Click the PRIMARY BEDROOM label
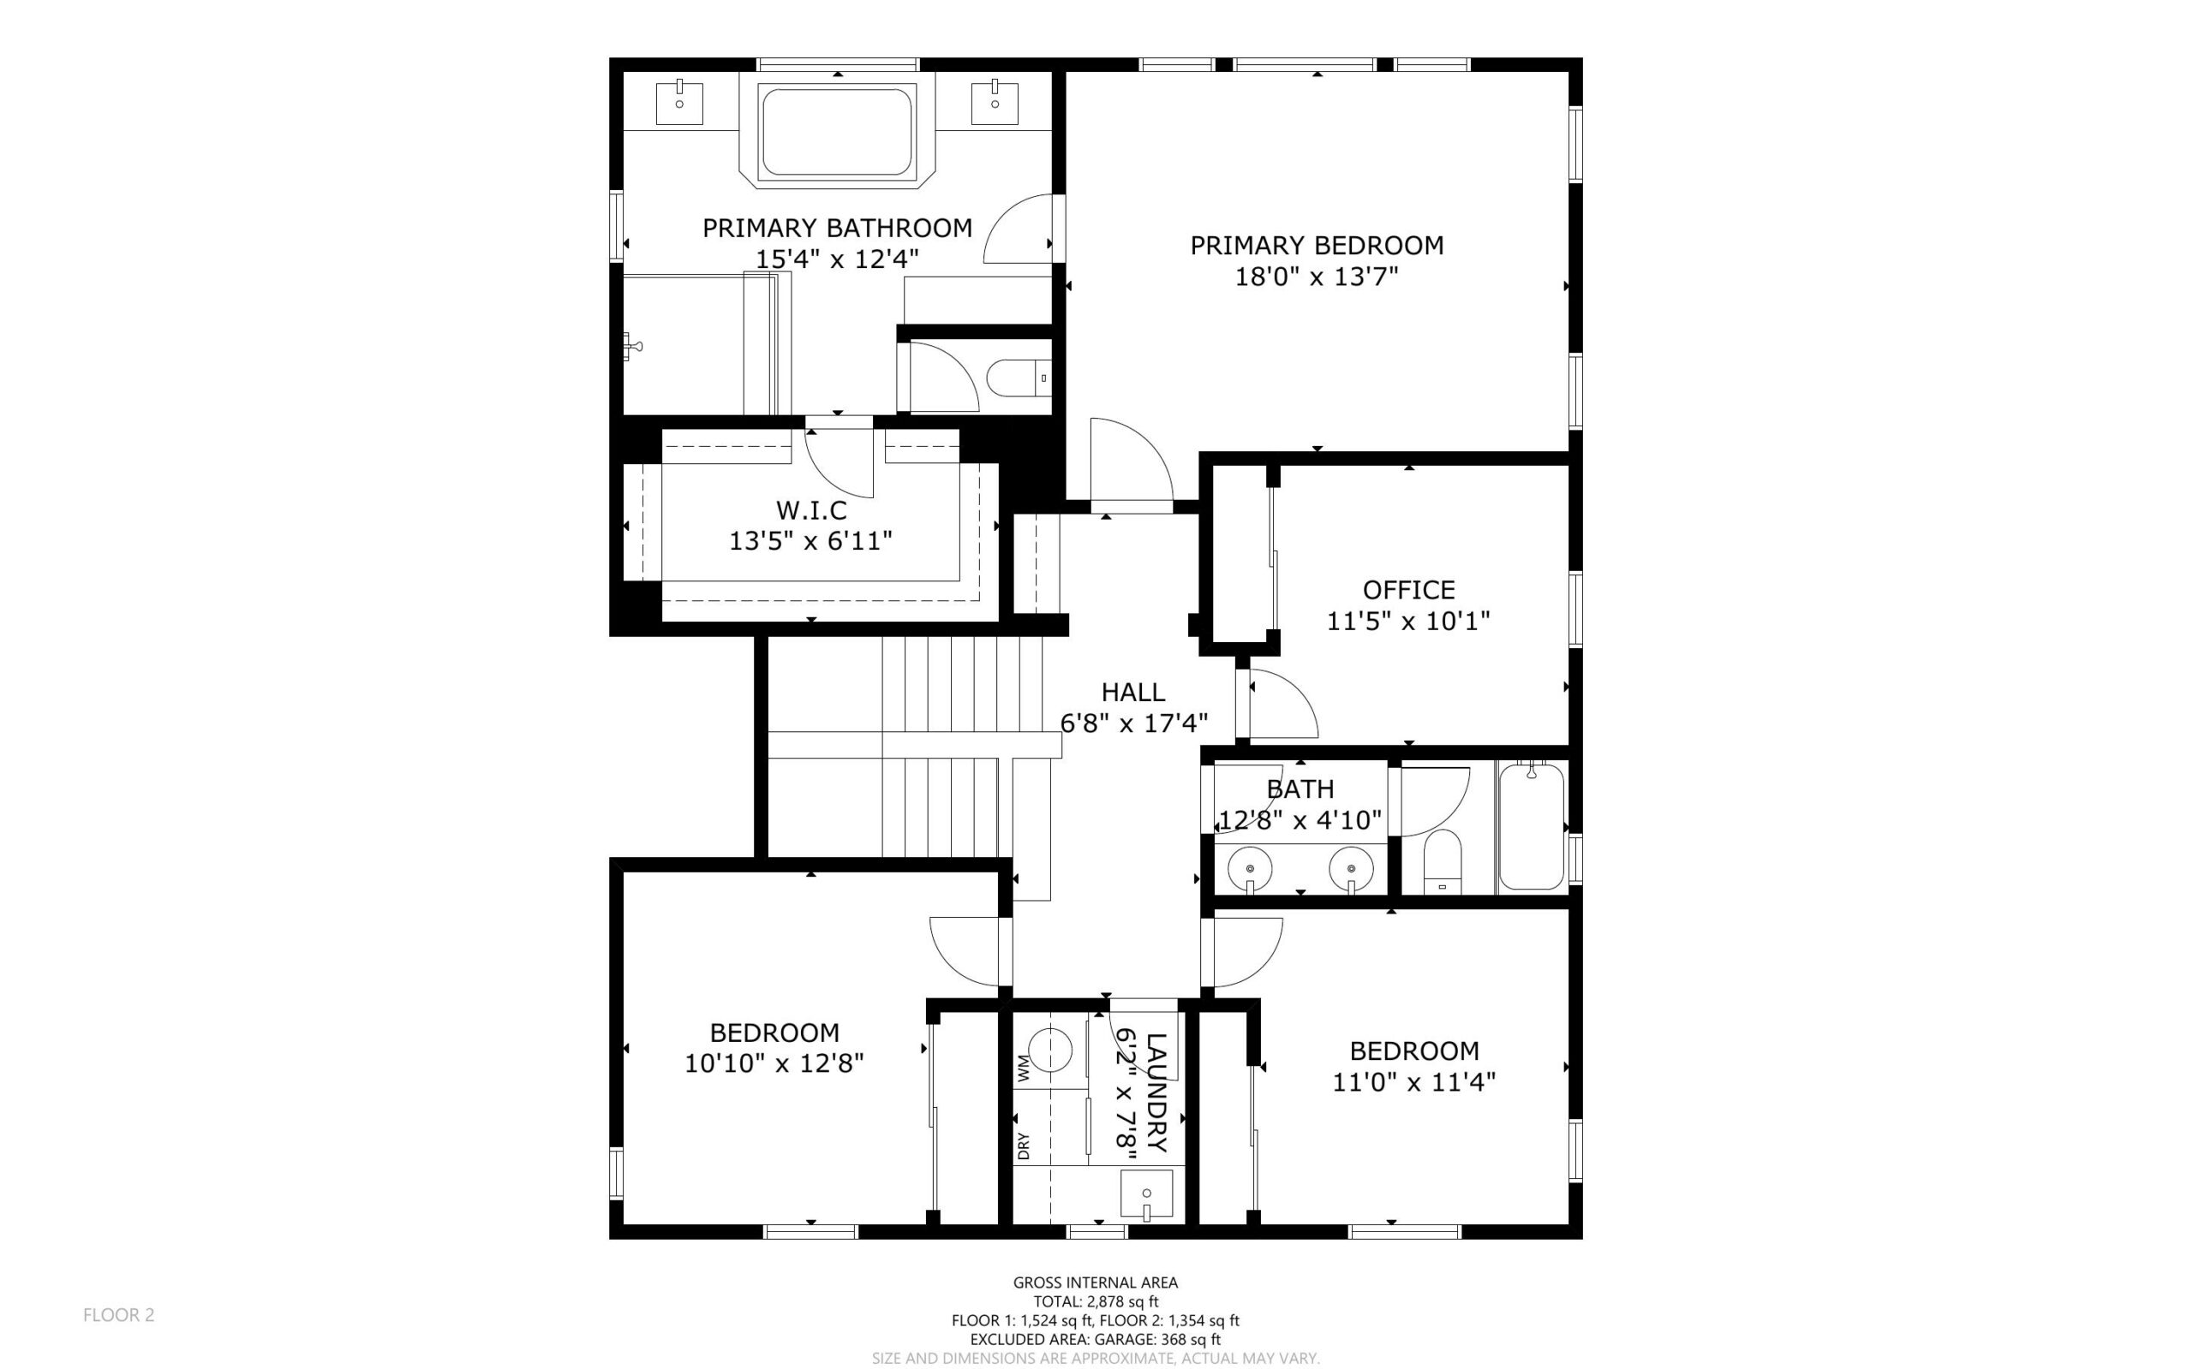point(1316,246)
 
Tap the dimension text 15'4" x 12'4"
point(837,259)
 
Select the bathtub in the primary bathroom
point(836,132)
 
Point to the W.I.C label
point(810,509)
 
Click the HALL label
point(1132,693)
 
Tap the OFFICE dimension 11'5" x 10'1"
point(1407,621)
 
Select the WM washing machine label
point(1024,1068)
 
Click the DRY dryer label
point(1024,1146)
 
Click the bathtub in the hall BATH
point(1531,827)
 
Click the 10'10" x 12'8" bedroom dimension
point(774,1063)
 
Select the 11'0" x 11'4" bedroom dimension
point(1413,1082)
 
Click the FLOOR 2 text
point(119,1315)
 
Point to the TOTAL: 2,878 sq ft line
point(1095,1301)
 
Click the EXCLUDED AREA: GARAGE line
point(1095,1339)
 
